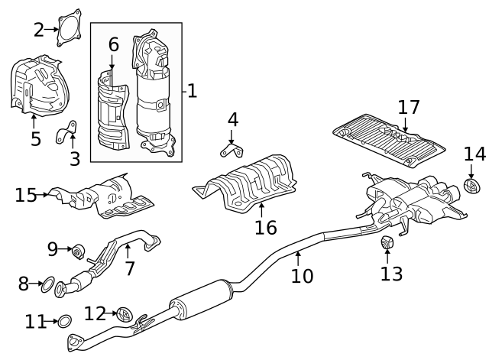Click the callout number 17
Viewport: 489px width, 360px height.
409,108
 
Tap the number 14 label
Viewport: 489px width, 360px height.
474,154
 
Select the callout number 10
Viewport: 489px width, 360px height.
302,276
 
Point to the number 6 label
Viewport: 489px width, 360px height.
113,44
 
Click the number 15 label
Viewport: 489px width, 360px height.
25,195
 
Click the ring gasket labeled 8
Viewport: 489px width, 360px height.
47,285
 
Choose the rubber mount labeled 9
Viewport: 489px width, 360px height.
78,249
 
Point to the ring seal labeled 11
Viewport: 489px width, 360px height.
65,321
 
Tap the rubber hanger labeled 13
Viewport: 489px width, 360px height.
387,243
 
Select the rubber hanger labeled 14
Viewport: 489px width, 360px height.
472,186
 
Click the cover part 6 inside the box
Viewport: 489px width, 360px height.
113,111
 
